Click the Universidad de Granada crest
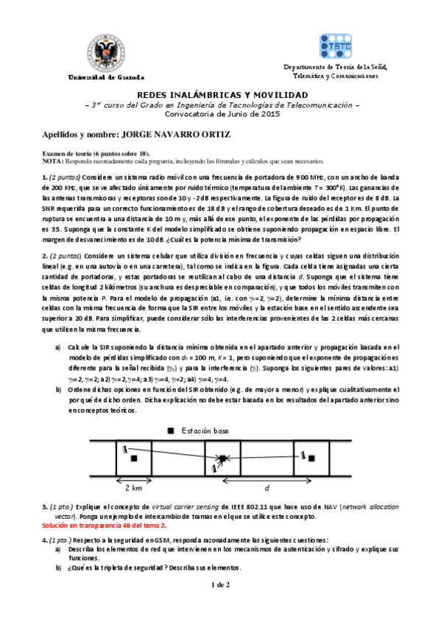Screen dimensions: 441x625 point(107,51)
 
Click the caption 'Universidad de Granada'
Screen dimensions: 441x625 point(107,77)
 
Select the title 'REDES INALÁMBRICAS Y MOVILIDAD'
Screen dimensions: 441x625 point(220,96)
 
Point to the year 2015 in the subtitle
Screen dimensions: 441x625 point(268,115)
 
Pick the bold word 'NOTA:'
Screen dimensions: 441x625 point(53,160)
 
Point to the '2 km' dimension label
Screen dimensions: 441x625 point(133,488)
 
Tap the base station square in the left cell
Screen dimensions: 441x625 point(134,458)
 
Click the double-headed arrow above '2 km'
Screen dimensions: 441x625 point(134,478)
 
